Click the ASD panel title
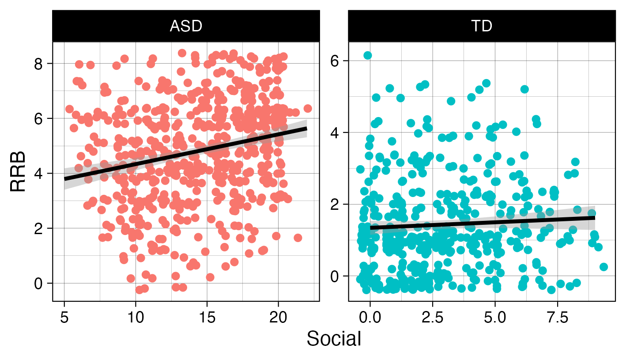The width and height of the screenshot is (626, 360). click(x=186, y=27)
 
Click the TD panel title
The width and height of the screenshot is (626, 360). click(x=482, y=27)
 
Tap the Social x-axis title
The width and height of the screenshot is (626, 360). click(x=334, y=339)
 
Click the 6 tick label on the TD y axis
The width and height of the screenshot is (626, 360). click(x=337, y=61)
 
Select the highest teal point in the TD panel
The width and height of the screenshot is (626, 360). click(x=367, y=55)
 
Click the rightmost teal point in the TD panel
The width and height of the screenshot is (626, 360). click(x=603, y=267)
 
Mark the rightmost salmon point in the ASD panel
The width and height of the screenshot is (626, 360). click(x=308, y=108)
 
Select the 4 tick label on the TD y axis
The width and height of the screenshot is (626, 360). click(x=337, y=133)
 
